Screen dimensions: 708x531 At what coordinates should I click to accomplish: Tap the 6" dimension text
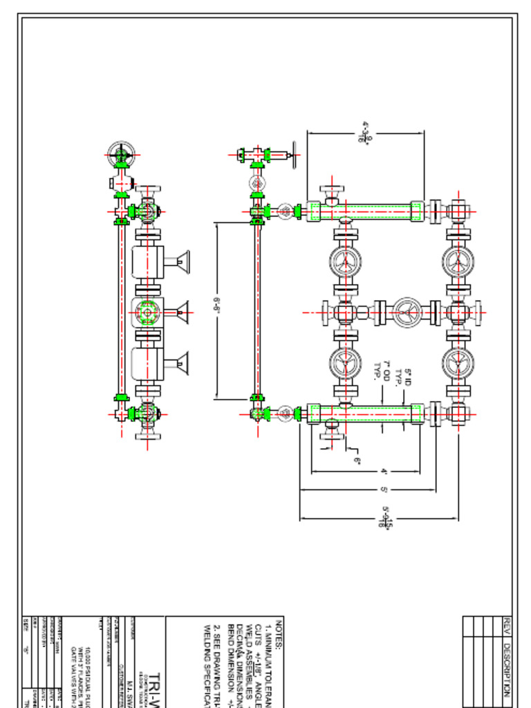(x=357, y=459)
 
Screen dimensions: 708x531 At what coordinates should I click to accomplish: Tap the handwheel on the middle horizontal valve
(x=407, y=313)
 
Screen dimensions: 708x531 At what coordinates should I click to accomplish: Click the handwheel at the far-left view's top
(x=121, y=155)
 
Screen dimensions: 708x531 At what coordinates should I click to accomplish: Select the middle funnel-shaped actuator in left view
(x=181, y=313)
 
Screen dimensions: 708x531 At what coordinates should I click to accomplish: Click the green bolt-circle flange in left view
(x=147, y=313)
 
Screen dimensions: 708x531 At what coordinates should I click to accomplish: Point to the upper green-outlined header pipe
(x=365, y=211)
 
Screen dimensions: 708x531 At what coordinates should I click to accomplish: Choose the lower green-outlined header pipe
(x=365, y=413)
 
